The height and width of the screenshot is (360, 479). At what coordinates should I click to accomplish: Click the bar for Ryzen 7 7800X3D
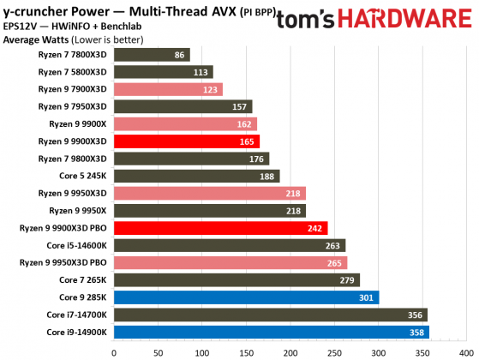click(151, 55)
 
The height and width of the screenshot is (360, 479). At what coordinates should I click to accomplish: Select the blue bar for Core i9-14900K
click(271, 333)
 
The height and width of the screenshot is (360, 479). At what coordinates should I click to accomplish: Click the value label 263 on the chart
click(332, 245)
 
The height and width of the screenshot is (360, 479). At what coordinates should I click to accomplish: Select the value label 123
click(210, 89)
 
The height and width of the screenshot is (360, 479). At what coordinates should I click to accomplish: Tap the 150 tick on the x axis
click(245, 351)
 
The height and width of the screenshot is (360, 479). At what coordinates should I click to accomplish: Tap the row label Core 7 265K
click(82, 280)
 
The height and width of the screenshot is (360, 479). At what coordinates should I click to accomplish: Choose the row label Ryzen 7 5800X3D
click(72, 72)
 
